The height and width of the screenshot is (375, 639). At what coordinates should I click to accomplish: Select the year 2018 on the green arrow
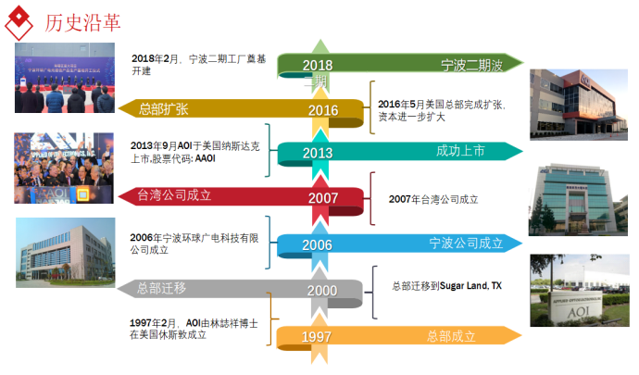[317, 65]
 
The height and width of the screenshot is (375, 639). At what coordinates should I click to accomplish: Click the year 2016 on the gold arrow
[322, 110]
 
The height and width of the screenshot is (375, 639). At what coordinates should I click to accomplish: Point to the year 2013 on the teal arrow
[317, 153]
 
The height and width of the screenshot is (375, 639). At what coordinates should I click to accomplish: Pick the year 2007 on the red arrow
[322, 197]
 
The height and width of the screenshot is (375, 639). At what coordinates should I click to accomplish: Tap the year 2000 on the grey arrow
[322, 290]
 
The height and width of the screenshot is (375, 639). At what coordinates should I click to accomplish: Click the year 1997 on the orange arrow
[317, 336]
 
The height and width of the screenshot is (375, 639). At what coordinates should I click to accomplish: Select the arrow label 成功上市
[461, 151]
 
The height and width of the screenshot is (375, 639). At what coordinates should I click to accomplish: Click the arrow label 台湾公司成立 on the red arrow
[175, 195]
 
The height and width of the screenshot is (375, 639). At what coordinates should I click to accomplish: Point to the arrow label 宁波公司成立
[466, 243]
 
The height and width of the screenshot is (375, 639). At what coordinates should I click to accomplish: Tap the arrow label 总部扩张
[164, 109]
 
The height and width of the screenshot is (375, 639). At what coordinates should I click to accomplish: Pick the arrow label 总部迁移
[161, 288]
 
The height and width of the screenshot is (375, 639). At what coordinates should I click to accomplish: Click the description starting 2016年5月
[441, 111]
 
